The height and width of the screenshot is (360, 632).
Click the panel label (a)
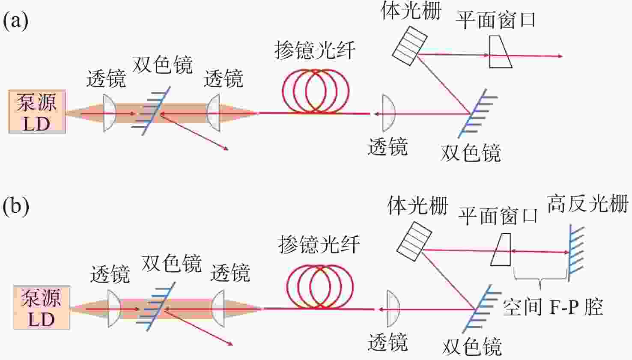15,21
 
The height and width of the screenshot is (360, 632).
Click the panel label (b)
16,206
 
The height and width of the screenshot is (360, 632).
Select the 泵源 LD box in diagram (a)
37,112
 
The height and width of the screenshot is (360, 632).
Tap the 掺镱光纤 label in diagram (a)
315,51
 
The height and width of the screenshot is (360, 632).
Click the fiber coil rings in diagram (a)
316,91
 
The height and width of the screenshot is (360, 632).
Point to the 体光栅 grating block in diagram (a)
410,45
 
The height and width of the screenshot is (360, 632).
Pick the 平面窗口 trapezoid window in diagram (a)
500,52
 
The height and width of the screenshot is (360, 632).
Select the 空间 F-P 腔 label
553,307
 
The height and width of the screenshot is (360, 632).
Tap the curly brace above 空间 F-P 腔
540,279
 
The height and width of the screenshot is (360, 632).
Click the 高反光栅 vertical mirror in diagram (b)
571,253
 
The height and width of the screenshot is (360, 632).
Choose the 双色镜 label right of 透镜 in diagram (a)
471,153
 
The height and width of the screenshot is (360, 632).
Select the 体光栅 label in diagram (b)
417,206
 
